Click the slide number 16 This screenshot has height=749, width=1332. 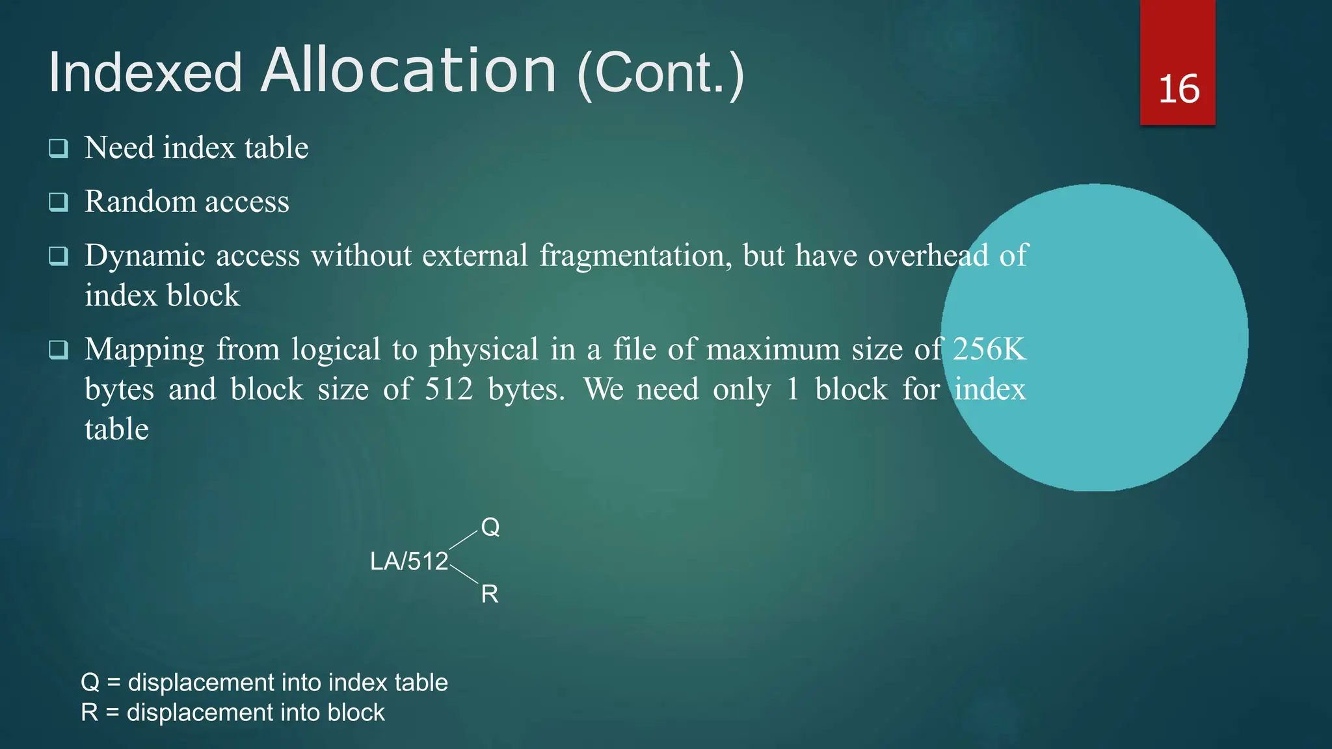[1179, 89]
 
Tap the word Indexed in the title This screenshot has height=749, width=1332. [145, 72]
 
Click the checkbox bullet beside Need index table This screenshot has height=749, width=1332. [59, 148]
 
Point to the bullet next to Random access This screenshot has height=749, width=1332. [59, 202]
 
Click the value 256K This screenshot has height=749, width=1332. [989, 349]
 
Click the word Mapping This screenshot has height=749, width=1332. [144, 350]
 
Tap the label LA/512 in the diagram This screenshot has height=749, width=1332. [409, 561]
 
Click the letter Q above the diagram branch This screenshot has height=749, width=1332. [490, 527]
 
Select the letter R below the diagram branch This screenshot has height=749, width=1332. [490, 594]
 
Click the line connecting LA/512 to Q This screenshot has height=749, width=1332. [463, 540]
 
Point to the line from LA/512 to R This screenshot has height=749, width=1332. [464, 575]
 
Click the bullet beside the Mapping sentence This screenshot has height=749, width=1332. [59, 350]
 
